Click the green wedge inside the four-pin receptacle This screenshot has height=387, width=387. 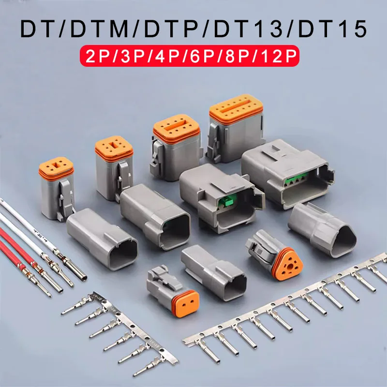[223, 203]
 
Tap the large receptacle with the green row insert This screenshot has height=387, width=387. [285, 169]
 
